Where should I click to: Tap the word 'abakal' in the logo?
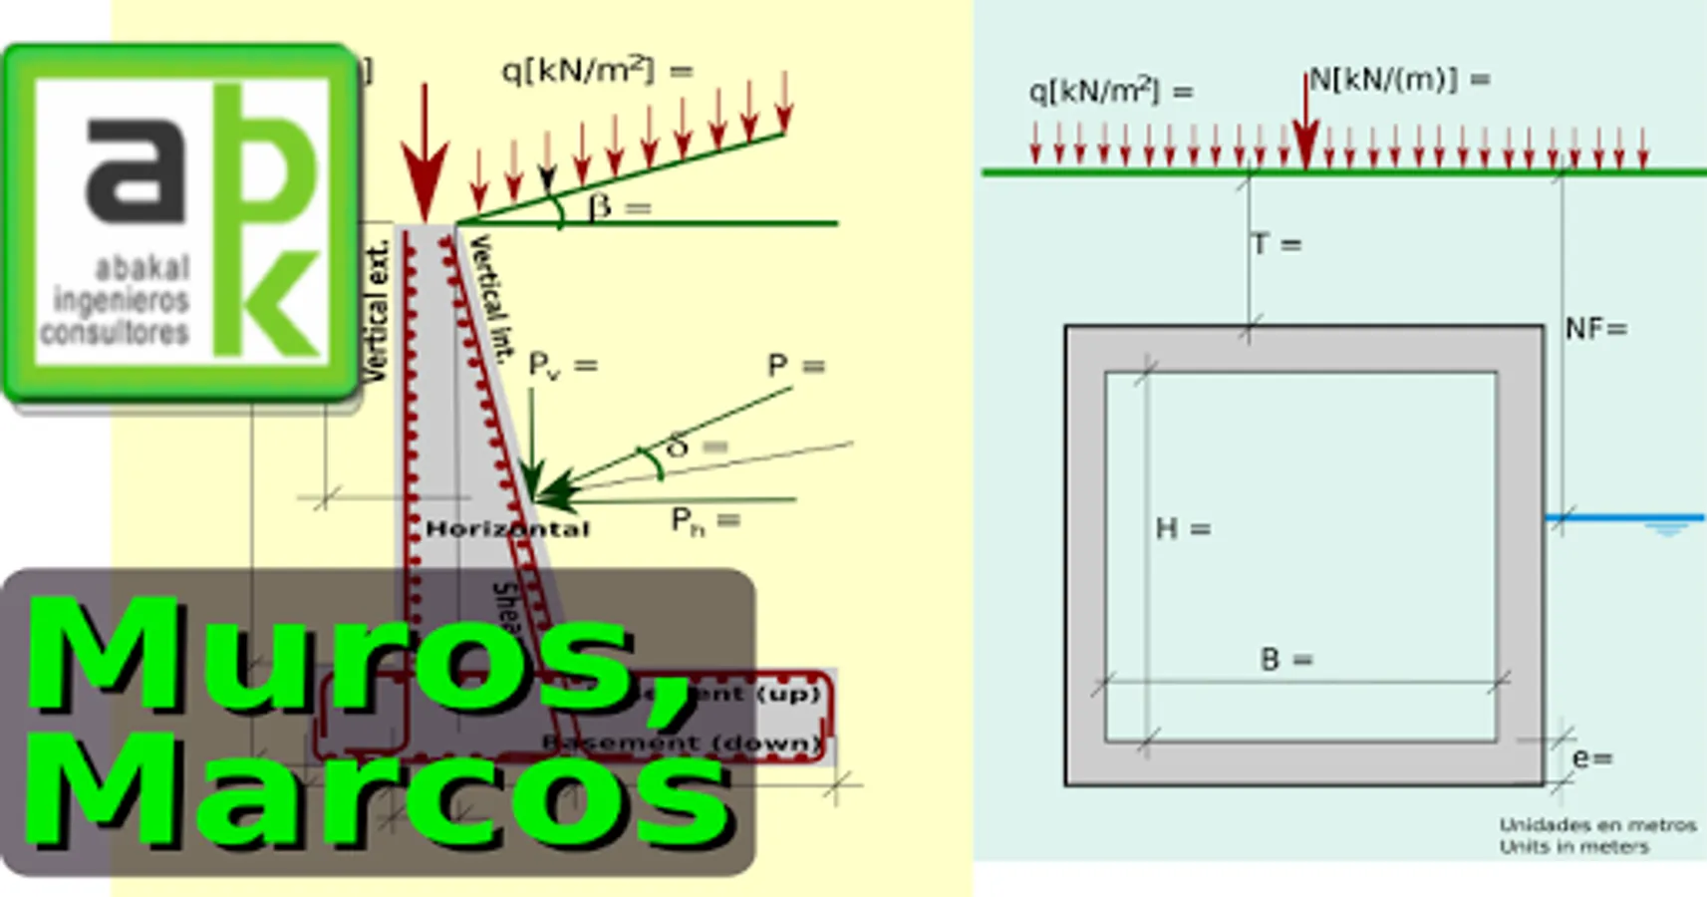tap(142, 268)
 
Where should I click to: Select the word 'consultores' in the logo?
tap(115, 332)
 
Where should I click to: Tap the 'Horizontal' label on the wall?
tap(507, 529)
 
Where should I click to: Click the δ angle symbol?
tap(678, 447)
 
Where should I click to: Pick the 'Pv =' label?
tap(562, 366)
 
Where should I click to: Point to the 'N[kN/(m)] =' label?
tap(1399, 80)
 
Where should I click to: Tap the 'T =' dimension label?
tap(1277, 244)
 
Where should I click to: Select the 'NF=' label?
tap(1595, 329)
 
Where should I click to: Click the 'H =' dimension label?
tap(1183, 528)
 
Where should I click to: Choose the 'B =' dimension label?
tap(1286, 659)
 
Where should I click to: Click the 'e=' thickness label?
tap(1591, 758)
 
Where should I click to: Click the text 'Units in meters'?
tap(1574, 847)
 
